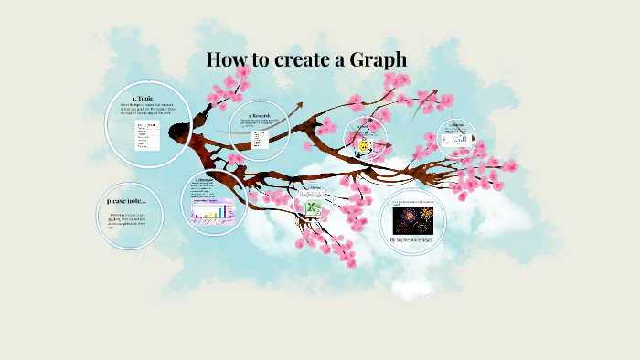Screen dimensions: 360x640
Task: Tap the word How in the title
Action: point(224,61)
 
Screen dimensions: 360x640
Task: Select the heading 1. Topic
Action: point(145,97)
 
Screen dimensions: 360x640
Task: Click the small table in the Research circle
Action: point(259,139)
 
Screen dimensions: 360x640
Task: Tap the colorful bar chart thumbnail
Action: point(213,214)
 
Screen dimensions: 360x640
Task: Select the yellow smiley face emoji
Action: point(364,145)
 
